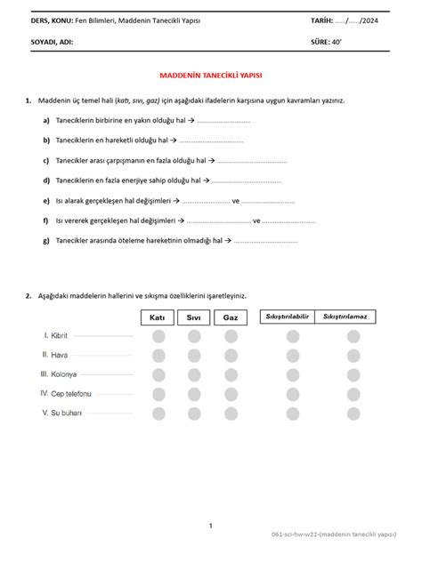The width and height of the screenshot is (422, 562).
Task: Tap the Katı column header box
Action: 158,317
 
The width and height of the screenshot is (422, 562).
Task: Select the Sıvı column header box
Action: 194,317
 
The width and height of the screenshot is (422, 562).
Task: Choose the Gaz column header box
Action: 231,317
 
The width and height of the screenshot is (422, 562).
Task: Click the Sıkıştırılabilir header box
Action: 287,316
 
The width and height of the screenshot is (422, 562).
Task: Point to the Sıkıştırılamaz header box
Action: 349,316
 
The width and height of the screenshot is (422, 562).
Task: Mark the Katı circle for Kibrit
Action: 158,336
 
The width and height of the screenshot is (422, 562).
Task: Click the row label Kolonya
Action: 61,374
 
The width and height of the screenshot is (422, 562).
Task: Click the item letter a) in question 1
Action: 45,120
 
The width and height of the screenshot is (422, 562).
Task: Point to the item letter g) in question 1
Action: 45,240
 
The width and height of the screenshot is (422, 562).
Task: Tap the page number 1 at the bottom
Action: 210,526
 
